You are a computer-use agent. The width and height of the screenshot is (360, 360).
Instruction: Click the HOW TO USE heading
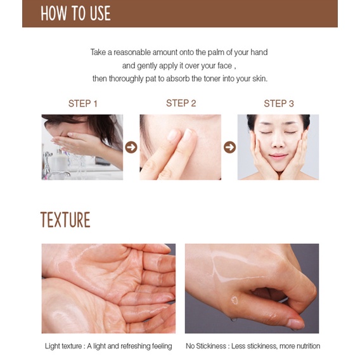click(75, 14)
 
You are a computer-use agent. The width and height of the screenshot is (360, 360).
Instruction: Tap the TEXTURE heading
click(65, 220)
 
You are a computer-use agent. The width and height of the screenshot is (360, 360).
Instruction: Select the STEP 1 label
click(83, 104)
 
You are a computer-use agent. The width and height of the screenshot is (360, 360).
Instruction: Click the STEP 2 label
click(181, 103)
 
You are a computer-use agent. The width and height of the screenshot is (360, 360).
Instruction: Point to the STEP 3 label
click(279, 104)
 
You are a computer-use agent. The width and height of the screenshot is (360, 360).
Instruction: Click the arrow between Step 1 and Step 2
click(131, 147)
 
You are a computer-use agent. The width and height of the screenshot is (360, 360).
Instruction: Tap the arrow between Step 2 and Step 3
click(229, 147)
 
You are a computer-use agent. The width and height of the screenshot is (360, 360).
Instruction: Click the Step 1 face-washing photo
click(82, 147)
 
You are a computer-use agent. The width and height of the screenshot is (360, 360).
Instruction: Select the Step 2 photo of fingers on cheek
click(181, 147)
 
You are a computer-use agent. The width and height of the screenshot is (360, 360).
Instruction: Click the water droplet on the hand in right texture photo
click(235, 300)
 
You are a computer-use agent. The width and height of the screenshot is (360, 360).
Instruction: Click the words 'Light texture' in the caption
click(64, 346)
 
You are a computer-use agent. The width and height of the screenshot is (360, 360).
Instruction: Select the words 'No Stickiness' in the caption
click(208, 346)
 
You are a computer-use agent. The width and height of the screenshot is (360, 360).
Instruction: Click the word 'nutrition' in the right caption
click(304, 346)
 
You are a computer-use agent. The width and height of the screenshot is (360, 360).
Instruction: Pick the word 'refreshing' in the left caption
click(132, 346)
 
